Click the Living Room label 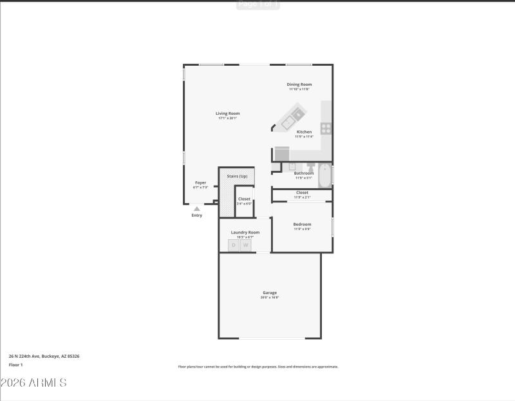pos(228,113)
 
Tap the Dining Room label pos(299,84)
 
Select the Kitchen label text pos(304,132)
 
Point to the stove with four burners pos(326,128)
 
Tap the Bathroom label pos(304,173)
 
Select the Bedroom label pos(302,224)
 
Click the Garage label pos(269,293)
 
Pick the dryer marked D pos(234,245)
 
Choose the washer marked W pos(245,245)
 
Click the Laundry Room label pos(245,232)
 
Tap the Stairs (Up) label pos(237,176)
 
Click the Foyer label pos(200,183)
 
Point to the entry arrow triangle pos(197,208)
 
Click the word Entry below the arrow pos(197,215)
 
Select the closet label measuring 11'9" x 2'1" pos(302,193)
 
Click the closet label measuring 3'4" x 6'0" pos(244,199)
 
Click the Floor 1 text pos(15,364)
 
